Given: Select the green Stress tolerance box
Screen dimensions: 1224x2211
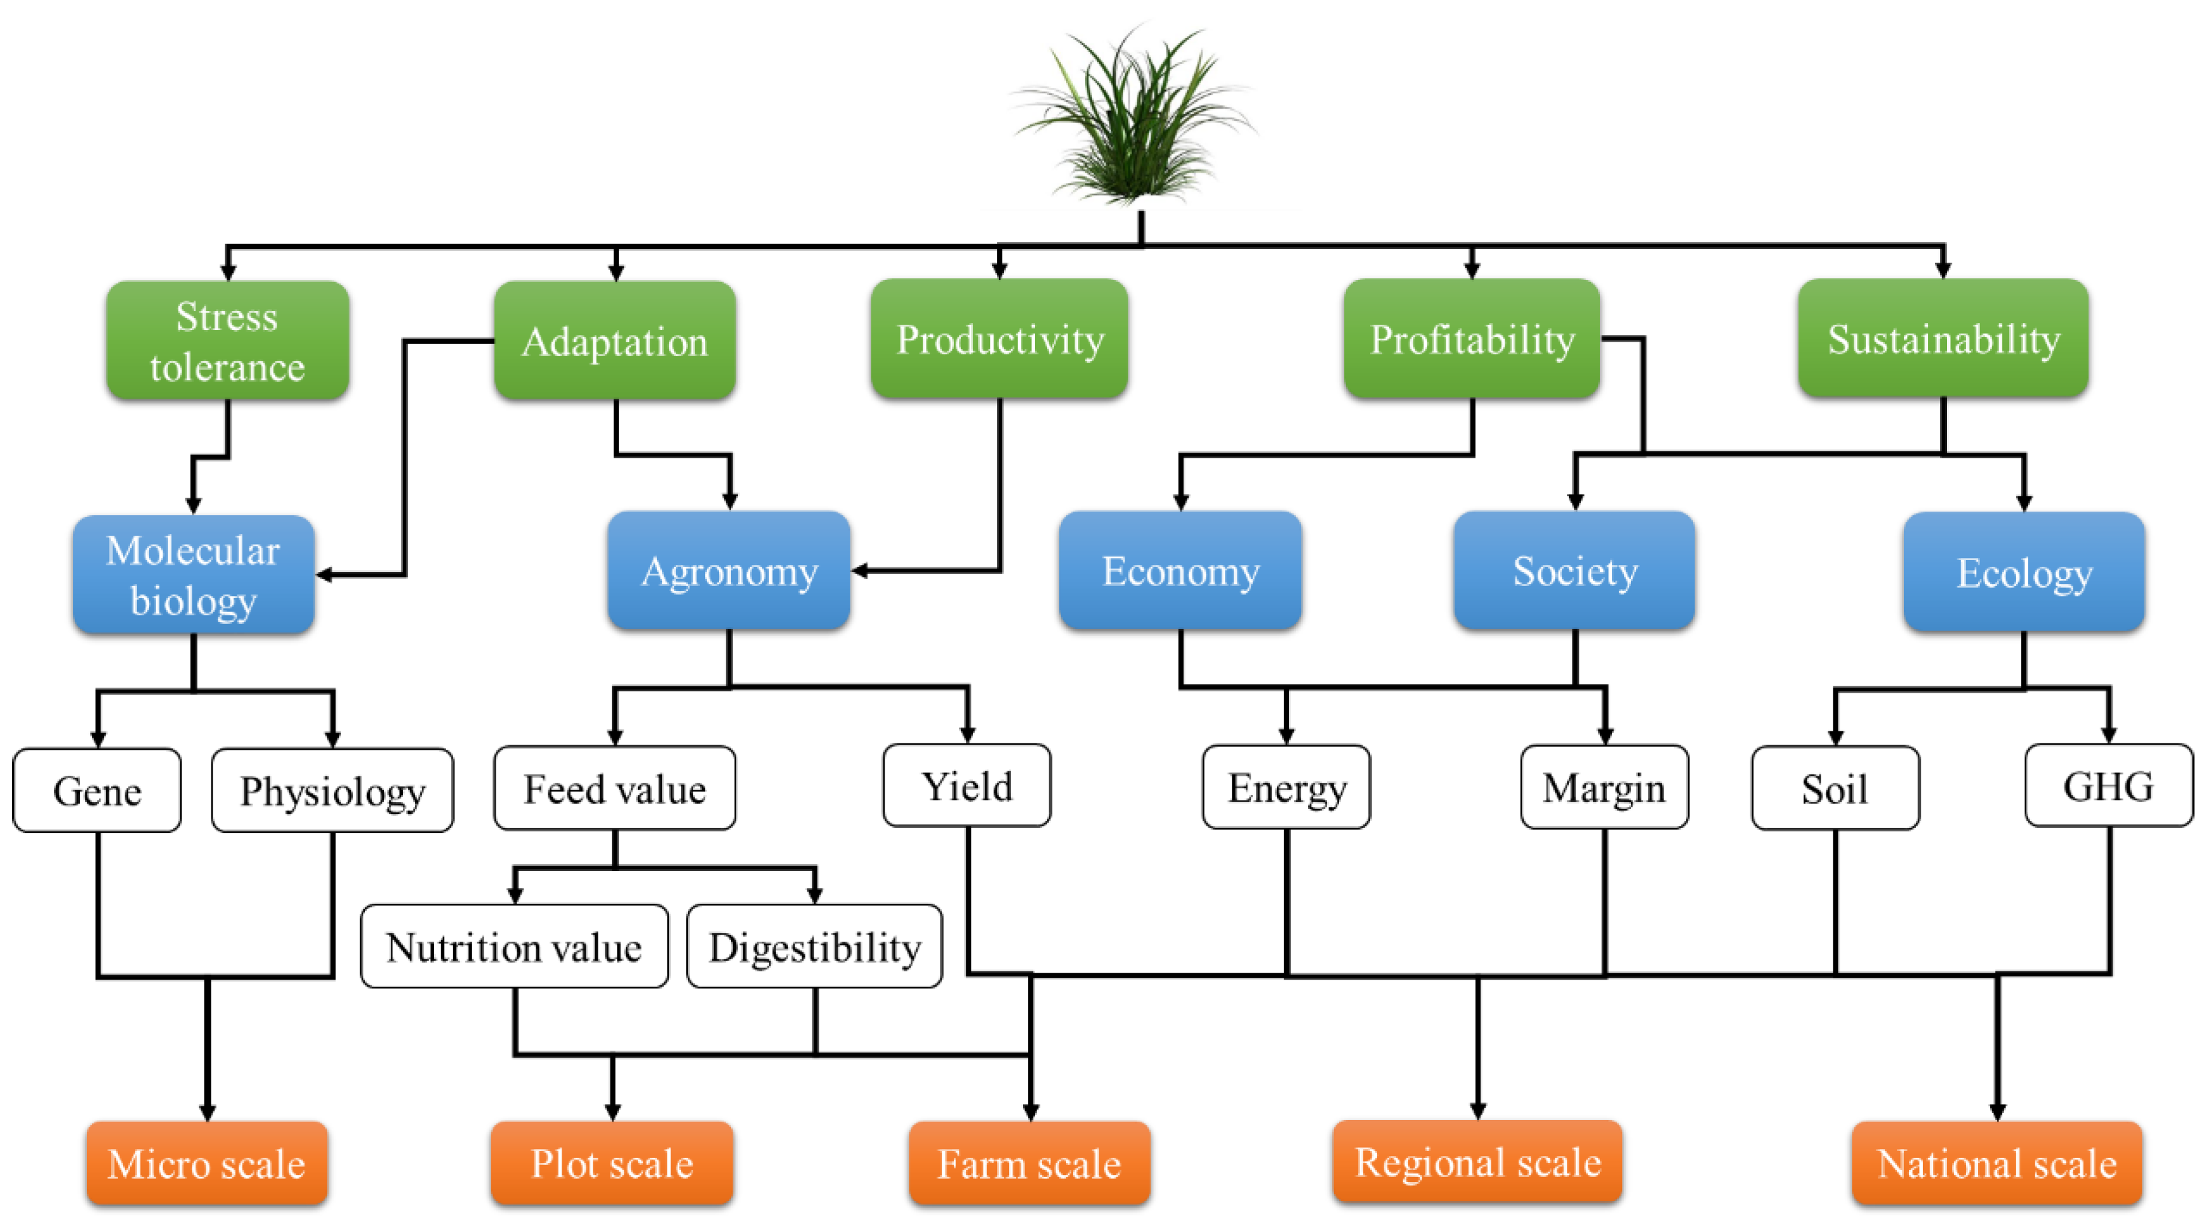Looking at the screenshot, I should pos(227,341).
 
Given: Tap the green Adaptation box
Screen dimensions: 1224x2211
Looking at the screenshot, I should pos(614,341).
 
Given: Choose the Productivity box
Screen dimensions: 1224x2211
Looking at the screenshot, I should pos(999,339).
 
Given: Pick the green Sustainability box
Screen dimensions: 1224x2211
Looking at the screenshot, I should pos(1943,339).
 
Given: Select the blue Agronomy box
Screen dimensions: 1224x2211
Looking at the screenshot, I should pos(729,571).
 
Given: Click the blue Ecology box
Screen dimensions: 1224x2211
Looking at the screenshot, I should pos(2023,573).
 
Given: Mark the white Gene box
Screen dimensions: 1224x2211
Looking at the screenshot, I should pos(97,790).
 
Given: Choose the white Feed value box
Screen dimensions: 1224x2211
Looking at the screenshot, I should pos(614,788).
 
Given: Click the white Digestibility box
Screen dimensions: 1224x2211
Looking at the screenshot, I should pos(815,947).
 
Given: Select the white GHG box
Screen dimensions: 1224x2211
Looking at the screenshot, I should pos(2108,785).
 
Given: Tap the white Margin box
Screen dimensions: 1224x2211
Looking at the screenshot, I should pos(1603,787).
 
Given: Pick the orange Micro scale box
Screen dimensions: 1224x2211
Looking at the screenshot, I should pos(207,1163).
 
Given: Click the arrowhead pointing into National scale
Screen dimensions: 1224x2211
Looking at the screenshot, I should pos(1996,1111).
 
